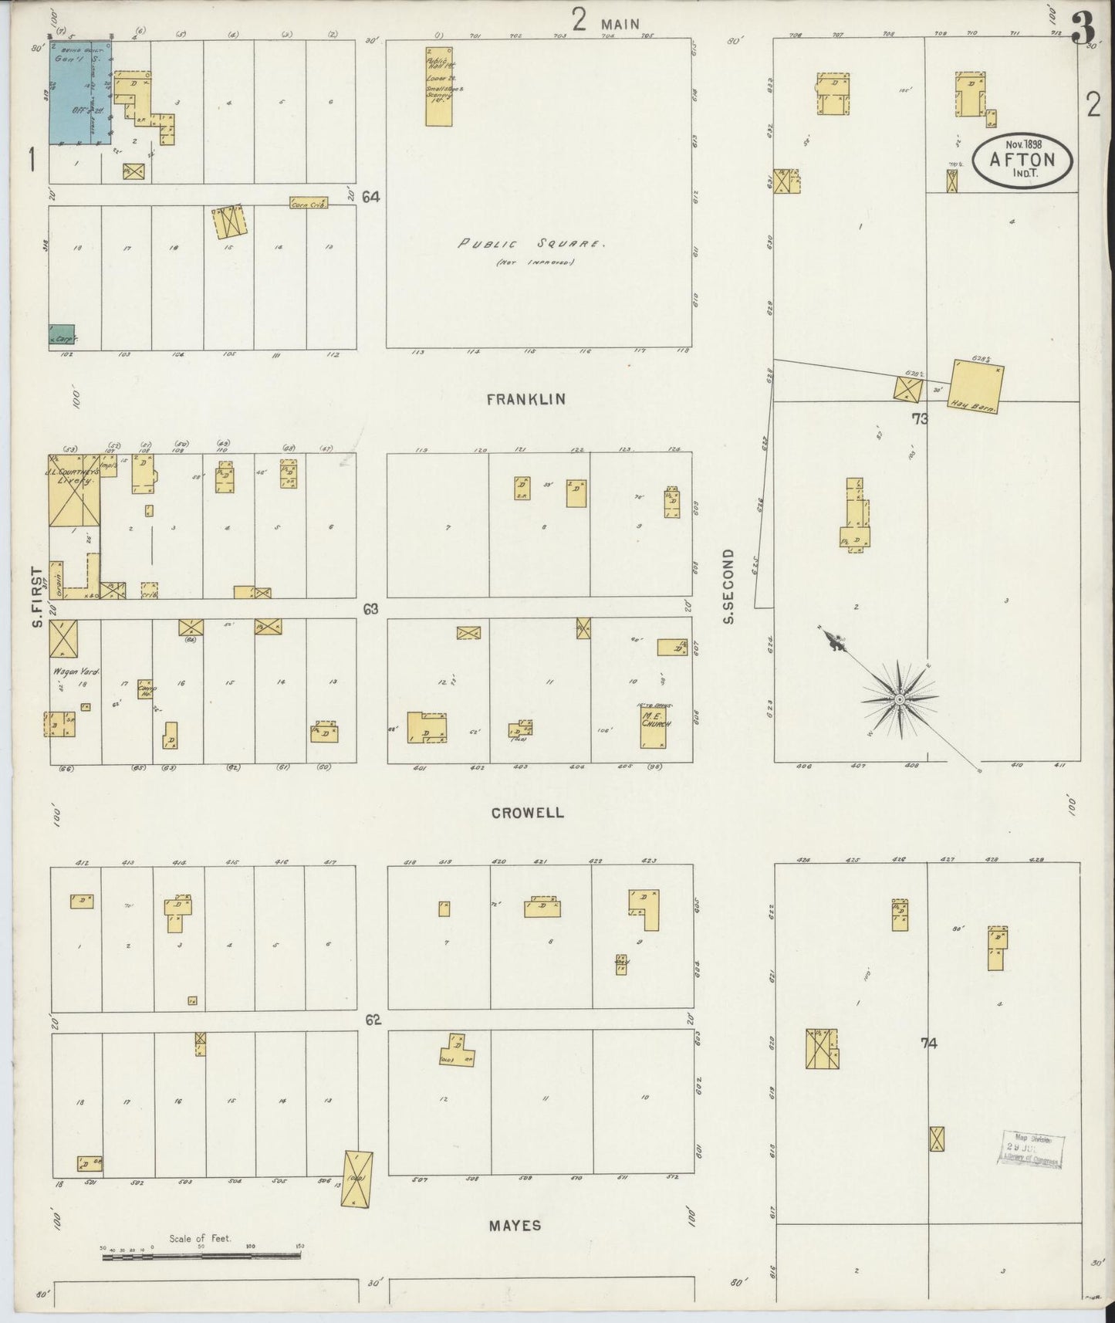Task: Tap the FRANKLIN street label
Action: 526,399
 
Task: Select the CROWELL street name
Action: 526,813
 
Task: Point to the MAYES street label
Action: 515,1225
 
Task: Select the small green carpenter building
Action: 62,334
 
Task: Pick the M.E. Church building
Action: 654,728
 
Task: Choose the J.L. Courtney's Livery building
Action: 74,498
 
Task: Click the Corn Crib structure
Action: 309,203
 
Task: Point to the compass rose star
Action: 899,699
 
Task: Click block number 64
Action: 371,197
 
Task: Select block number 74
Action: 928,1044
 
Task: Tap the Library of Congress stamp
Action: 1033,1150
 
